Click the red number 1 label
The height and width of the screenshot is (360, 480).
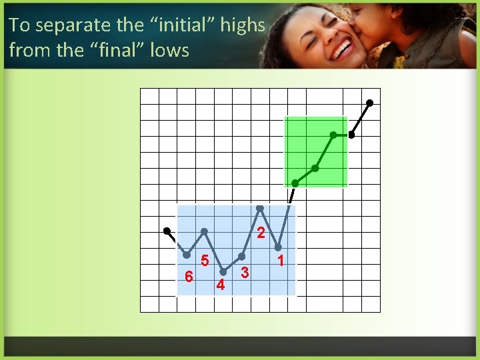[281, 260]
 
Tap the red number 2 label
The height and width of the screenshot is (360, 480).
[261, 233]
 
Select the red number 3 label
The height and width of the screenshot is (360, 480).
[245, 273]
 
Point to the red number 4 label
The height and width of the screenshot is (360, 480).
[221, 285]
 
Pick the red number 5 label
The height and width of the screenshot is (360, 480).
[205, 261]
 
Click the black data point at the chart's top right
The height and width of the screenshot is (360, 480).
[370, 103]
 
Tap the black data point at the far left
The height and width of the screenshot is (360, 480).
[167, 231]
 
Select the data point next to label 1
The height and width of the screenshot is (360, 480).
[279, 247]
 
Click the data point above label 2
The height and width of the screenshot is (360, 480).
[260, 209]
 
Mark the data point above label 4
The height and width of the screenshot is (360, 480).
[223, 272]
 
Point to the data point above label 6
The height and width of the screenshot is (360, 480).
[187, 255]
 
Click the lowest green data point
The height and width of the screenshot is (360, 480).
[295, 183]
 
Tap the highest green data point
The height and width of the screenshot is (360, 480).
[333, 135]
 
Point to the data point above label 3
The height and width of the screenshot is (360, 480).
[242, 257]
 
